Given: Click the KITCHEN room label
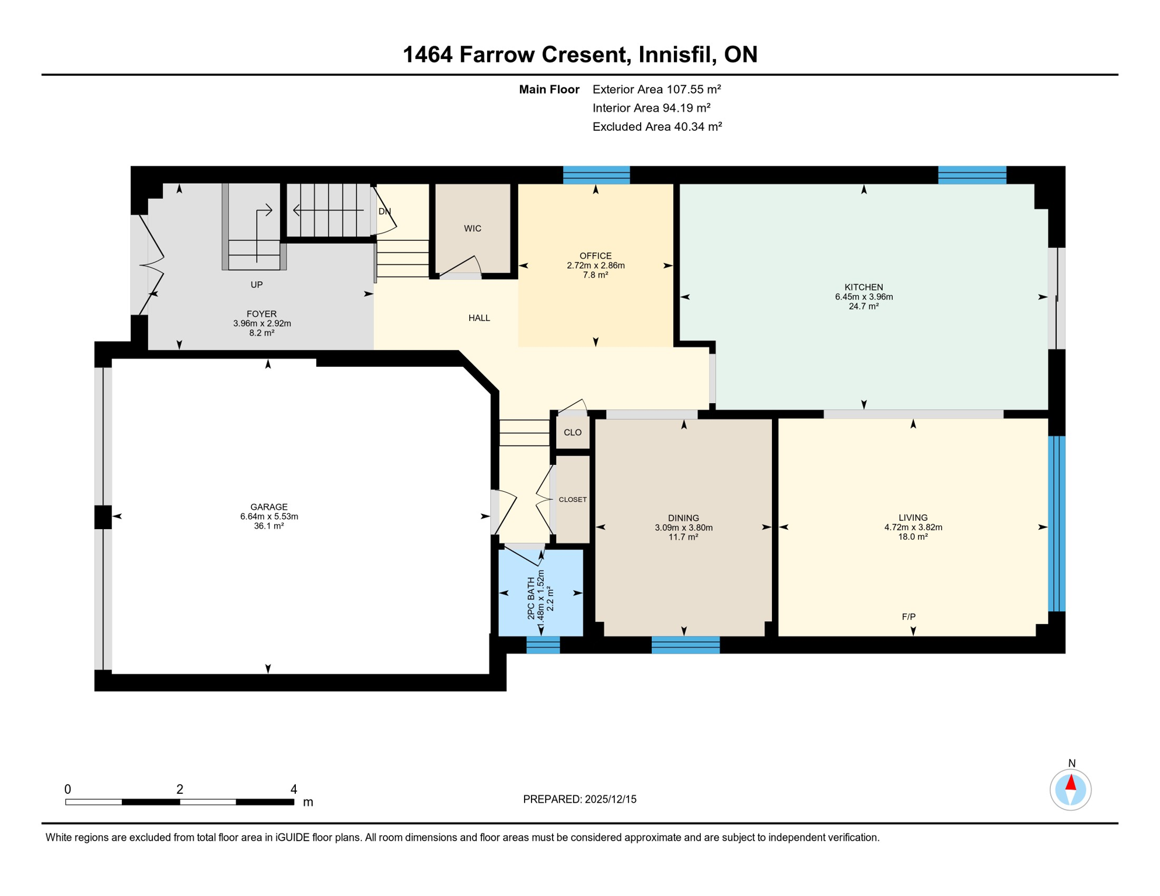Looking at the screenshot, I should pyautogui.click(x=864, y=287).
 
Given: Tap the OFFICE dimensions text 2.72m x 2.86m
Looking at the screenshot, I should pyautogui.click(x=595, y=265).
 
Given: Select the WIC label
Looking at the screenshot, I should pyautogui.click(x=473, y=229).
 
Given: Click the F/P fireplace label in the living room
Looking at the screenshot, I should pyautogui.click(x=909, y=617).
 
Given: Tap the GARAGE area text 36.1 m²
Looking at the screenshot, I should pyautogui.click(x=268, y=526).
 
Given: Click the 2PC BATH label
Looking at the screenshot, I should pyautogui.click(x=531, y=598).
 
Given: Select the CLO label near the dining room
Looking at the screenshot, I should pyautogui.click(x=572, y=432).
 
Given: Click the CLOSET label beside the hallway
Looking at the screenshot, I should pyautogui.click(x=572, y=499).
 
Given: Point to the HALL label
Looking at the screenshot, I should pyautogui.click(x=479, y=318).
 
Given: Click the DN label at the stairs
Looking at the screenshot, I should pyautogui.click(x=385, y=211).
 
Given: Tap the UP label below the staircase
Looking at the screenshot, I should pyautogui.click(x=256, y=285).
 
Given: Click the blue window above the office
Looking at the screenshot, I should pyautogui.click(x=596, y=175).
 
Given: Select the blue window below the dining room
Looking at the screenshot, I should pyautogui.click(x=685, y=645).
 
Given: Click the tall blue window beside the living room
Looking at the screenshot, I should pyautogui.click(x=1057, y=523).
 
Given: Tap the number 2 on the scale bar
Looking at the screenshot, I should pyautogui.click(x=180, y=789).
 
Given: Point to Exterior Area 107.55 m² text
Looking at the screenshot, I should pyautogui.click(x=656, y=89).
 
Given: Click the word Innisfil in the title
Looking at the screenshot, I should pyautogui.click(x=677, y=54).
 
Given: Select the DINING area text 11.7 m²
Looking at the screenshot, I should pyautogui.click(x=683, y=537).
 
